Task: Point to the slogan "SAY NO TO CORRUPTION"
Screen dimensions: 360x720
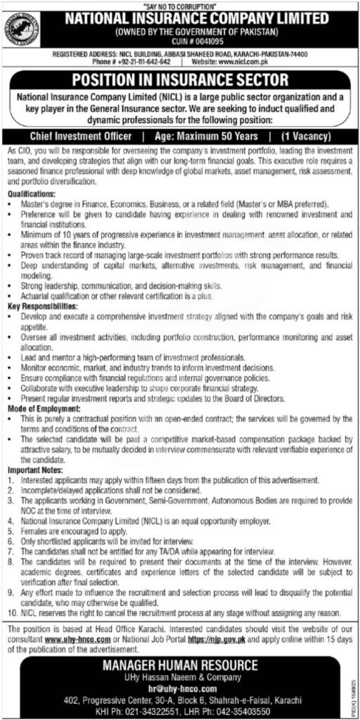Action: [180, 5]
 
